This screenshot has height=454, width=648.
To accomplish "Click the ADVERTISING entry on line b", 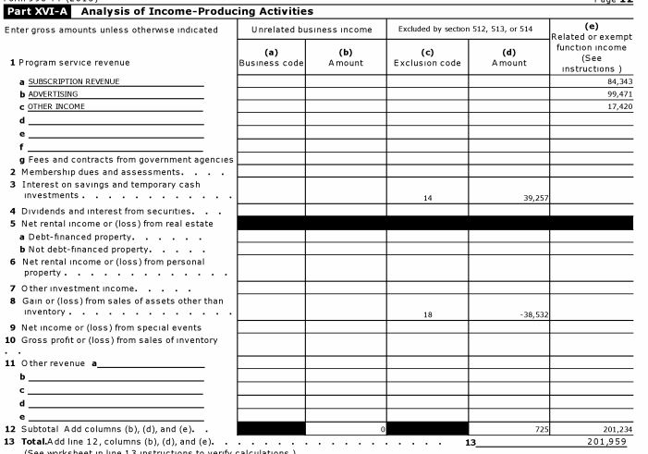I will click(x=53, y=94).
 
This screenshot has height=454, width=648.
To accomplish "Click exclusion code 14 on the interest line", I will click(x=427, y=198).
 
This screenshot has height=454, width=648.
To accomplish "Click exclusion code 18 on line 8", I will click(x=427, y=314).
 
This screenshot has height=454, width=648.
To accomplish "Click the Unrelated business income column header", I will click(x=312, y=30).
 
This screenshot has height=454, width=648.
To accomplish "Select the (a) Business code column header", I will click(x=271, y=57).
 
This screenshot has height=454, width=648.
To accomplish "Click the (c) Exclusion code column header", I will click(x=427, y=57).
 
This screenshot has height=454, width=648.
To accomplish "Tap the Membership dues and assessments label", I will click(x=100, y=172).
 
